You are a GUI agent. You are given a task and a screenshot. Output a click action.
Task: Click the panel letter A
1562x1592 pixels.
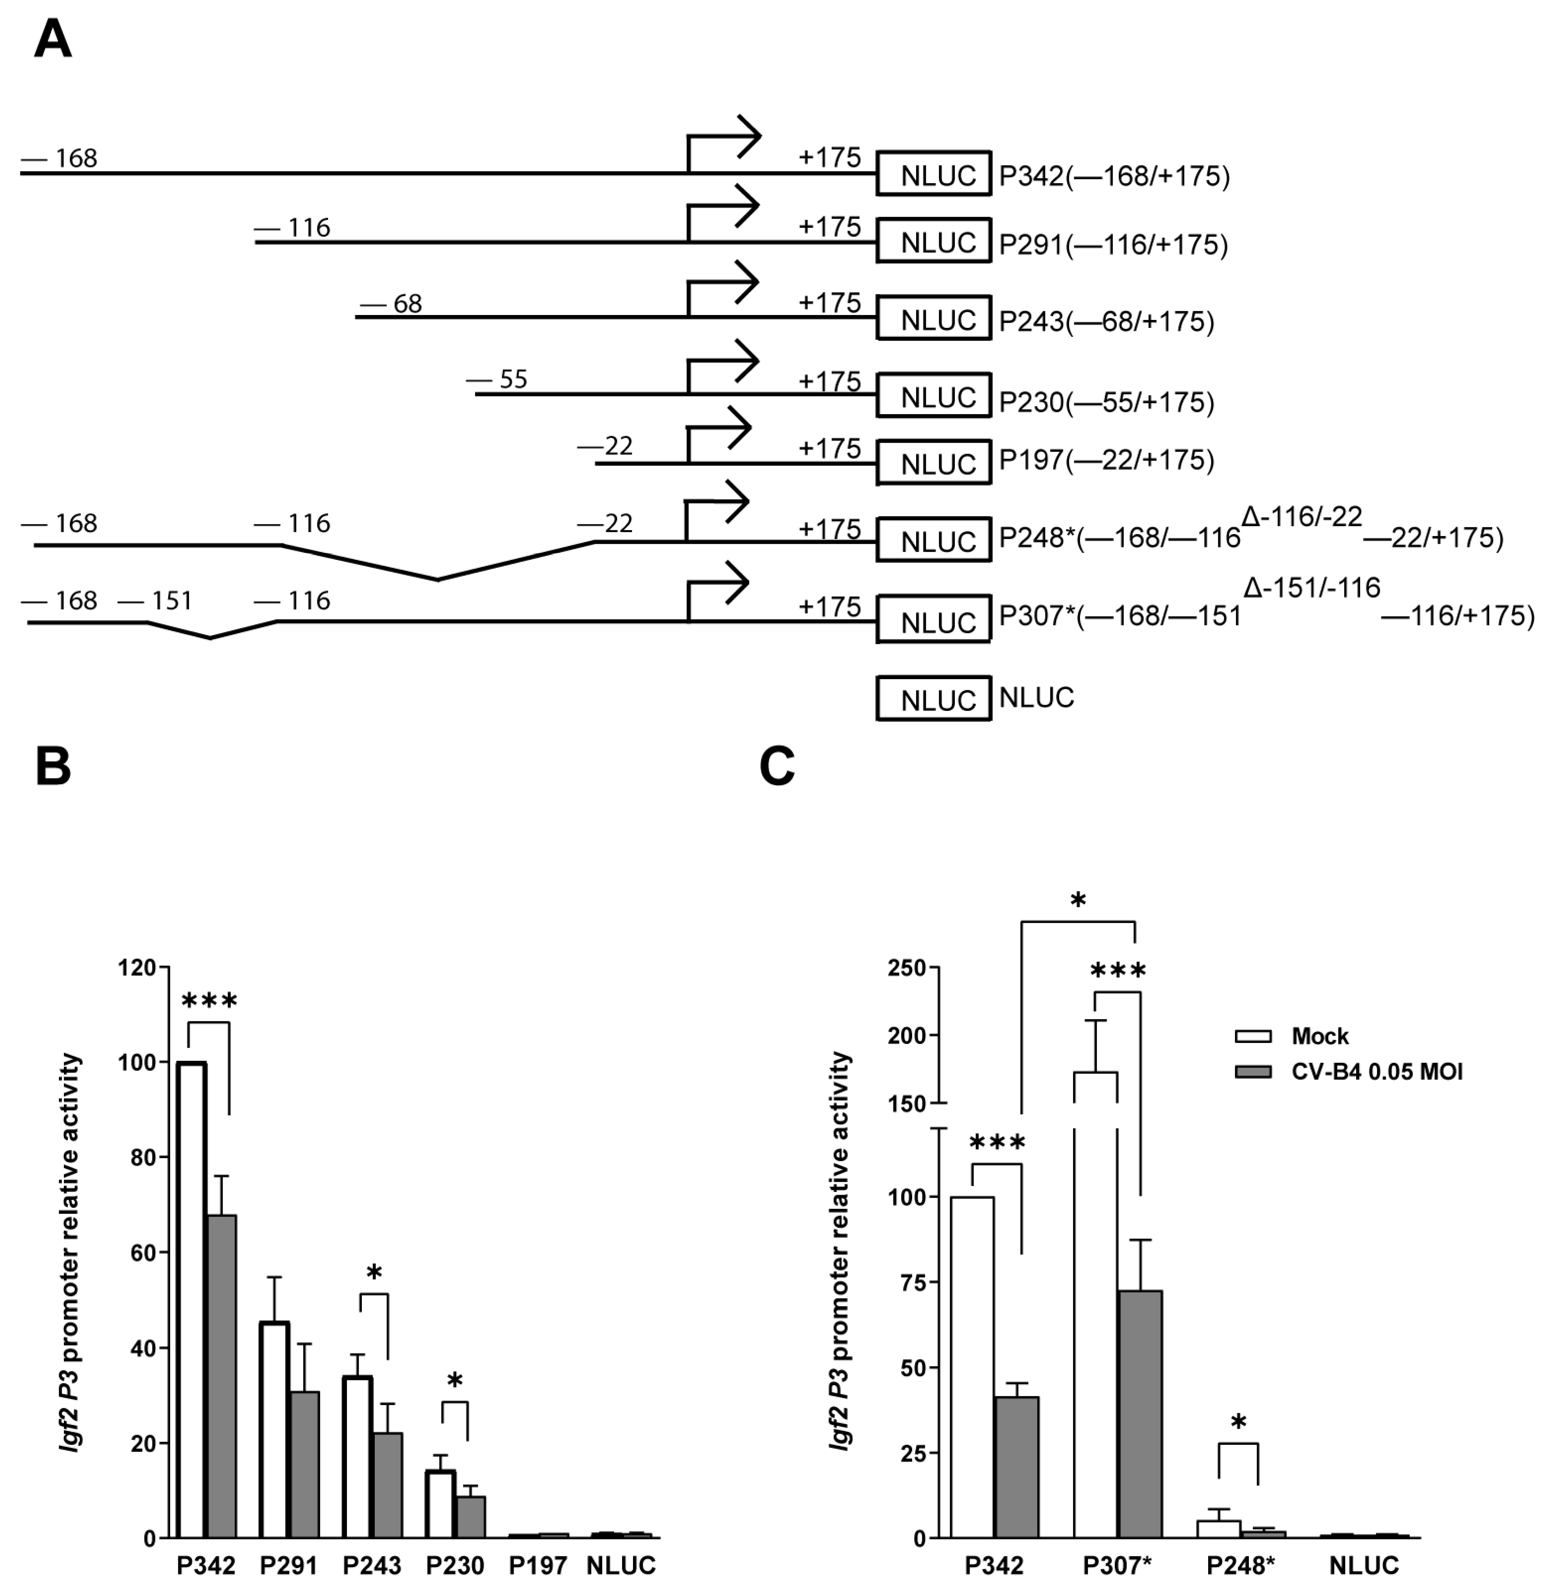(52, 39)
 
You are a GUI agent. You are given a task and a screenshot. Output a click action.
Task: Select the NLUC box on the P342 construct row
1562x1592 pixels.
(934, 174)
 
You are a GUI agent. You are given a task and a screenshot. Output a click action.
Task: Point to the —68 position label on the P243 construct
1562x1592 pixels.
(392, 304)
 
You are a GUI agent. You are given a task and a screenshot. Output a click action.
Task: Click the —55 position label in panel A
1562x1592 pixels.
(497, 380)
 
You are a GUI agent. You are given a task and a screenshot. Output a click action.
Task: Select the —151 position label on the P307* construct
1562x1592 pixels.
(156, 601)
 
